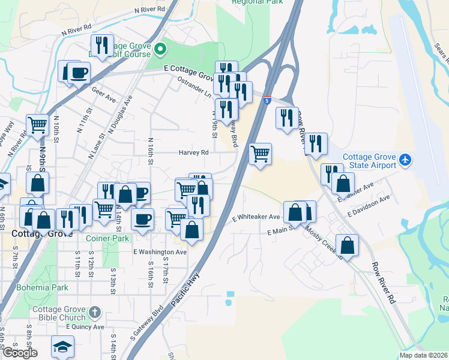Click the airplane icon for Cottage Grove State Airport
(405, 160)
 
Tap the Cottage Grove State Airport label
(369, 162)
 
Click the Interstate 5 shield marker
(266, 101)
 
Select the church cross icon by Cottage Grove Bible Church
(94, 312)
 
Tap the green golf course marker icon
(160, 48)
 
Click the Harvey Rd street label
(193, 152)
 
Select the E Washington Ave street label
(160, 252)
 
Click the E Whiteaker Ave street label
(256, 217)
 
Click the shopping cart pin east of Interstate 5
(261, 154)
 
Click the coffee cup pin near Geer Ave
(79, 73)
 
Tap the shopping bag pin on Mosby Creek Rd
(348, 244)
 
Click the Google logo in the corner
(19, 352)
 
